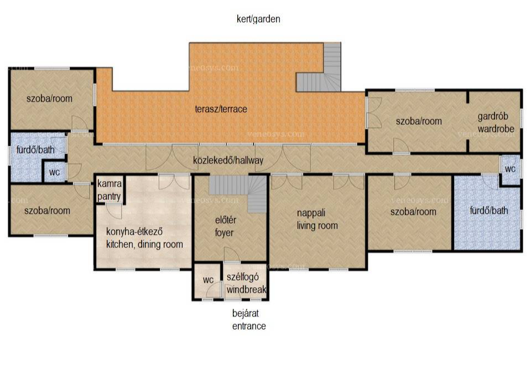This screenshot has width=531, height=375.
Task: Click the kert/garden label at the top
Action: coord(258,19)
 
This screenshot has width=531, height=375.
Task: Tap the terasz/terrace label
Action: coord(221,109)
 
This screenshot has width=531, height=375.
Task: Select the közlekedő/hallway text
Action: coord(228,160)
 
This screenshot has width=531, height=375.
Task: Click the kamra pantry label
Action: coord(109,190)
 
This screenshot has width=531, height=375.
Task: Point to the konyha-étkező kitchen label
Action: coord(144,237)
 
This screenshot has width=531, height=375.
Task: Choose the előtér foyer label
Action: coord(225,226)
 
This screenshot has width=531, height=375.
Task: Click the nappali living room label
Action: coord(317,219)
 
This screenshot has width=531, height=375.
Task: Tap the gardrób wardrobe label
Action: coord(496,123)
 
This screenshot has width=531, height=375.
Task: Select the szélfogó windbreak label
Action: coord(246,283)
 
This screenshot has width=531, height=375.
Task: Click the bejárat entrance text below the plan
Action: coord(249,320)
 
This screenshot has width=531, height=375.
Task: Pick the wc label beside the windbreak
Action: coord(208,279)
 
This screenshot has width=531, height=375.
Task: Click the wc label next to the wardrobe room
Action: coord(510,168)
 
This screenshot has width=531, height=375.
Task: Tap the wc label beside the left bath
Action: coord(54,172)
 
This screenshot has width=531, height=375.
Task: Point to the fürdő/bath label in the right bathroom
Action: coord(489,210)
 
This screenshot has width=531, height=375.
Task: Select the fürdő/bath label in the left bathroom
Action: coord(35,150)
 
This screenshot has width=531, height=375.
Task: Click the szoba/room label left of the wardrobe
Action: coord(419,121)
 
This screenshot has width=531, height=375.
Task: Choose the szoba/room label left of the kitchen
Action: coord(47,210)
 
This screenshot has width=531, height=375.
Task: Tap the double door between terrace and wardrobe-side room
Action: coord(373,113)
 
